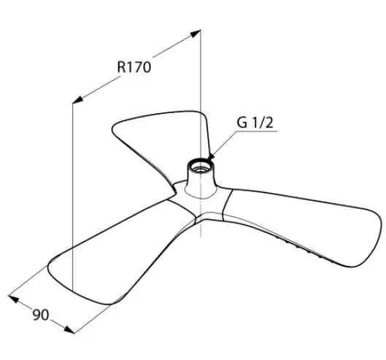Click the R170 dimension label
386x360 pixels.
[134, 66]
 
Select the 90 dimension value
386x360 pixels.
[41, 315]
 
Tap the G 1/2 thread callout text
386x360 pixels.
[255, 123]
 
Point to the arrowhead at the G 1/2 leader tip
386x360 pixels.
[211, 156]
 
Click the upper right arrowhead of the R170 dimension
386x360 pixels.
[196, 33]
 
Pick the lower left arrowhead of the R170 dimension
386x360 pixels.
[77, 99]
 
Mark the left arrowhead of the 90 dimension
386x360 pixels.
[14, 299]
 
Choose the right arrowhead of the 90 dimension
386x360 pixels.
[69, 329]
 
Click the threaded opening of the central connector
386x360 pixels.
[201, 166]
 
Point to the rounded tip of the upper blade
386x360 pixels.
[116, 127]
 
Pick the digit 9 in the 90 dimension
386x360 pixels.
[36, 315]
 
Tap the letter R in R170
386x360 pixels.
[121, 67]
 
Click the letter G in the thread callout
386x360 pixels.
[242, 123]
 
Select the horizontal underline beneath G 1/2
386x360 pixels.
[255, 131]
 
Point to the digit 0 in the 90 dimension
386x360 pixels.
[45, 315]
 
